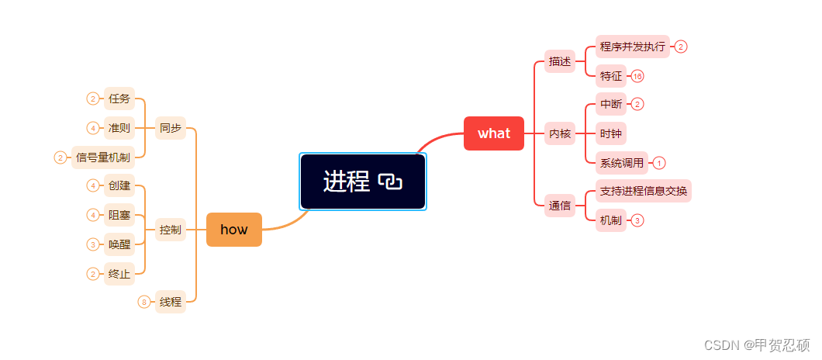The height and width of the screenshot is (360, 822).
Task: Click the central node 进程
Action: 347,182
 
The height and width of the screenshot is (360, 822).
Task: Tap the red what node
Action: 494,133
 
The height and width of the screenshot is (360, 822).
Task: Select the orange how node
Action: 234,229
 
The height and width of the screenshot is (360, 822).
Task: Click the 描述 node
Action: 560,61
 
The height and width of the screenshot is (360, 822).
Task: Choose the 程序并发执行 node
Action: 633,47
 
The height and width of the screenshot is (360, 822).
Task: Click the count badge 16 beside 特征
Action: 637,76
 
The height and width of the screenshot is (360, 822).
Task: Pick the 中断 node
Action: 611,104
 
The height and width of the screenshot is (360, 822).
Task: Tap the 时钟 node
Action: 611,133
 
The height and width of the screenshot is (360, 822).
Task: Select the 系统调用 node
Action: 622,163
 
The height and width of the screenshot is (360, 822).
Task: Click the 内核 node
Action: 560,133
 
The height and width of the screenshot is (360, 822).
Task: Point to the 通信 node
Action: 560,206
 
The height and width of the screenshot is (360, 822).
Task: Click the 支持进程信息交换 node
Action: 644,191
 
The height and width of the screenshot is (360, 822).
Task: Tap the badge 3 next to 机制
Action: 637,220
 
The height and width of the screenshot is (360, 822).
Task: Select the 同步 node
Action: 171,128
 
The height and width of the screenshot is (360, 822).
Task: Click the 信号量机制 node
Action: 103,157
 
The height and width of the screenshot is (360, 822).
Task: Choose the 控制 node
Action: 171,230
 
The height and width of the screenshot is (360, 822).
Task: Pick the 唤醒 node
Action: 119,244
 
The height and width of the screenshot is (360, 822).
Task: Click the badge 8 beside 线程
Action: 144,302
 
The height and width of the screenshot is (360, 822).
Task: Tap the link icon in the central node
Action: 390,182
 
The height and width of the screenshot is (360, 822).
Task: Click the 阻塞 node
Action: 119,215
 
